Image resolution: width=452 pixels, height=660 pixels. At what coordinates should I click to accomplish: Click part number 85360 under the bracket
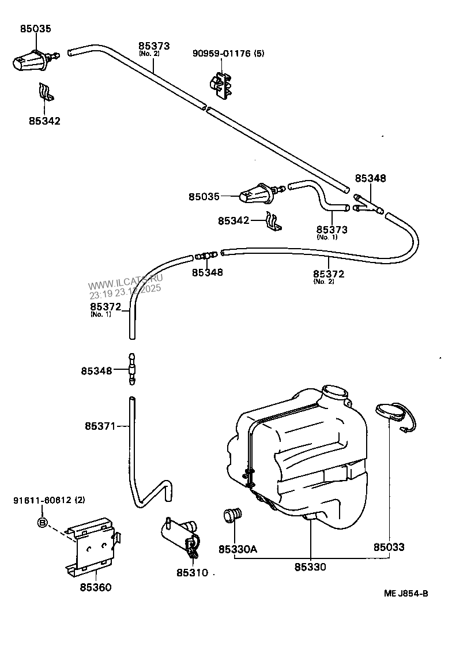point(96,587)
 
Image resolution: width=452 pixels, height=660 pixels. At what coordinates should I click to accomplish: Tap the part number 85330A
point(237,549)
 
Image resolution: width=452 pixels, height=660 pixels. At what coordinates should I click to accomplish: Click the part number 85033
point(389,547)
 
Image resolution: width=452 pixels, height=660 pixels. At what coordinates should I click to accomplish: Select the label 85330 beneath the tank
point(310,567)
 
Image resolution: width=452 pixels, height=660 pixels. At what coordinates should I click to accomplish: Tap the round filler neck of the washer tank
point(336,393)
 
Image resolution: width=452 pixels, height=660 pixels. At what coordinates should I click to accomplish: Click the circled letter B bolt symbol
point(42,523)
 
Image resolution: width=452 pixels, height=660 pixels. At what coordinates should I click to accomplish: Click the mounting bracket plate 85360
point(92,546)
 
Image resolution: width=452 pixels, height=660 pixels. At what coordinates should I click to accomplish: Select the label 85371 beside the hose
point(99,426)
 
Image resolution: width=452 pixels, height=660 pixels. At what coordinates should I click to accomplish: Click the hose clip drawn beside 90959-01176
point(221,84)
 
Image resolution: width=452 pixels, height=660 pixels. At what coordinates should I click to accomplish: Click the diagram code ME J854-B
point(406,594)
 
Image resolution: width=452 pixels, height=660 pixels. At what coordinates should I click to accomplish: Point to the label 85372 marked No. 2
point(329,273)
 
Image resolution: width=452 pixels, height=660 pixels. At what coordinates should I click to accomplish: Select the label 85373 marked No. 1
point(332,230)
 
